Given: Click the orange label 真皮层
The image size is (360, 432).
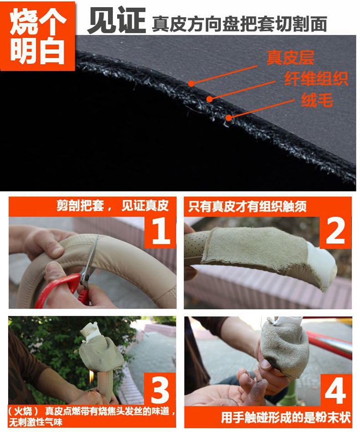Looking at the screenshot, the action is coord(290,58).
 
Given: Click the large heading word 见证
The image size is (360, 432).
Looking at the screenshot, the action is coord(117,20).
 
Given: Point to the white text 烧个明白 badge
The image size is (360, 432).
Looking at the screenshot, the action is coord(38,36).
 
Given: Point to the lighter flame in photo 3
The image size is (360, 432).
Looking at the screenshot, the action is coord(91,377).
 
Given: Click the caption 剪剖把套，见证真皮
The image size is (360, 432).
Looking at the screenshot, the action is coord(113,206).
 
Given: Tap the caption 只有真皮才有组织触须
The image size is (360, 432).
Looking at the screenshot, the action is coord(247,206).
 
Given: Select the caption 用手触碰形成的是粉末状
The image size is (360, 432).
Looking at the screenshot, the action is coord(286,417).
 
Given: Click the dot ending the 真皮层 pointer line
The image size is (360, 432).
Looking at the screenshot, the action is coord(191,83).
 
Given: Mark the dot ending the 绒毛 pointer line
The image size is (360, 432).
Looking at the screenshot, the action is coord(229,118).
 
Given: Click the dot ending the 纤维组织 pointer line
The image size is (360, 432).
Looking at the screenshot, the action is coord(210,99).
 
